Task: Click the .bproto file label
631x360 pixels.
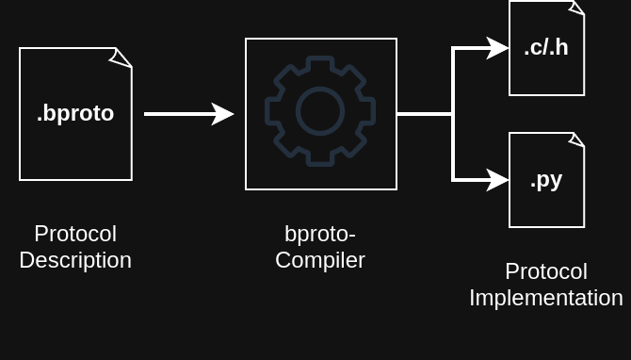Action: (x=75, y=113)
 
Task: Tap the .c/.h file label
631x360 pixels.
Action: (x=546, y=47)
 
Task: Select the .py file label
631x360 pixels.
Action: (x=546, y=179)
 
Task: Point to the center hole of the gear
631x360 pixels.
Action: (x=320, y=112)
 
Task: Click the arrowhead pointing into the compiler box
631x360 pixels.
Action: (x=224, y=113)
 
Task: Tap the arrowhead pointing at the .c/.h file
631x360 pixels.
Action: (x=498, y=47)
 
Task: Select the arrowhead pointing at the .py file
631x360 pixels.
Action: (x=498, y=179)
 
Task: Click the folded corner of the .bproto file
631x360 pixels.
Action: (x=121, y=57)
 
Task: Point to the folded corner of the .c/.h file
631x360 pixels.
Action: (x=576, y=8)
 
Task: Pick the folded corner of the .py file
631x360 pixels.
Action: (x=576, y=140)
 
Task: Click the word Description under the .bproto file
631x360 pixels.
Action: (x=75, y=260)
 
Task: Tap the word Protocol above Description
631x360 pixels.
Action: (x=75, y=234)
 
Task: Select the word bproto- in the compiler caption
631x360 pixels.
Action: (x=320, y=234)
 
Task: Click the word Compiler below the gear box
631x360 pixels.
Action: (x=320, y=260)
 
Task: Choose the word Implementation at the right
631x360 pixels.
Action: (x=546, y=298)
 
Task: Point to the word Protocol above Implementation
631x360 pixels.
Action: (x=546, y=271)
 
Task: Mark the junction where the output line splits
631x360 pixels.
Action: (x=453, y=113)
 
